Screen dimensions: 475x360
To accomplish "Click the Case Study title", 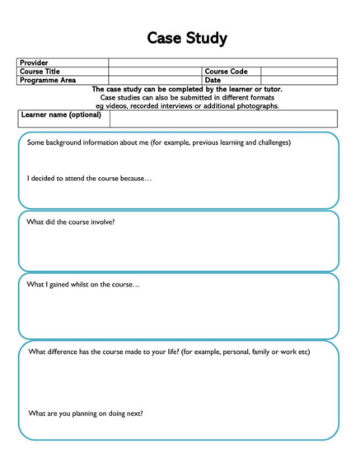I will coord(186,38).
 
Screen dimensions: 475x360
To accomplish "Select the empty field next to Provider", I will coord(222,63).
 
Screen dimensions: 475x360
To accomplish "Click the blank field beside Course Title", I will coord(155,72).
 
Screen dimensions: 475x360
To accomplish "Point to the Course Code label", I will coord(226,72).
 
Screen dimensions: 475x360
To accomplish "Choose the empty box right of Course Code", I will coord(298,72).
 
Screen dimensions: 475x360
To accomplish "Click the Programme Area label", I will coord(47,81).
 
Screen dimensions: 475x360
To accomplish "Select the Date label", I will coord(213,81).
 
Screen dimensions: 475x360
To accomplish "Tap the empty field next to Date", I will coord(298,81).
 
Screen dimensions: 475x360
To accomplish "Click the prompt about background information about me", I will coord(158,142).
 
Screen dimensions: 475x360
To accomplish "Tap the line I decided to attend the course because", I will coord(89,178).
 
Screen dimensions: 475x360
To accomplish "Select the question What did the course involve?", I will coord(71,222).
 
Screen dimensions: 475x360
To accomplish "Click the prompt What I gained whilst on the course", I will coord(83,285).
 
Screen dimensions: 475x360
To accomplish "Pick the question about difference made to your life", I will coord(169,352).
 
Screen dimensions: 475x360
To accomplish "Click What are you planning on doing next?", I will coord(86,413).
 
